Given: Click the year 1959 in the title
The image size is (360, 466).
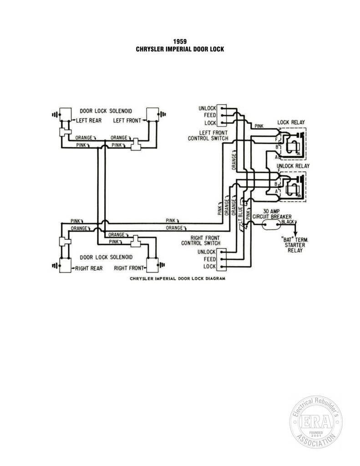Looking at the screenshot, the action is click(180, 41).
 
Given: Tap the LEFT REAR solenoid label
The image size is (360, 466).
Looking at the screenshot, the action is click(89, 120).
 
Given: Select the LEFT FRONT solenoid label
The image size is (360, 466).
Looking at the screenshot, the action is click(127, 120).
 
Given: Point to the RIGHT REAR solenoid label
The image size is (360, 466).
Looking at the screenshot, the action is click(89, 268).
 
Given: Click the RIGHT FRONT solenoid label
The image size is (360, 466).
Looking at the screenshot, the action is click(129, 268).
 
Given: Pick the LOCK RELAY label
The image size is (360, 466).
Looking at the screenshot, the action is click(291, 122).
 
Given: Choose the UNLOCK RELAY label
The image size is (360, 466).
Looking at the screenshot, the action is click(293, 166).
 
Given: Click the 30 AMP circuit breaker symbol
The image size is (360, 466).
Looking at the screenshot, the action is click(271, 224).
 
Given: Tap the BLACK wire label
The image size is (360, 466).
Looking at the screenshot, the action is click(288, 222).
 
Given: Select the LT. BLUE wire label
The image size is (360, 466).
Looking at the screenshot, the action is click(240, 214).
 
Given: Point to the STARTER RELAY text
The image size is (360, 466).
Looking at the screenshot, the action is click(295, 248).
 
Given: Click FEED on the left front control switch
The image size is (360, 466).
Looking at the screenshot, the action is click(210, 115).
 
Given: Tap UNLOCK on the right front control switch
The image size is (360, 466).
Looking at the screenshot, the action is click(206, 252).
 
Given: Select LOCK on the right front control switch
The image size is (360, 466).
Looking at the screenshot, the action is click(209, 266).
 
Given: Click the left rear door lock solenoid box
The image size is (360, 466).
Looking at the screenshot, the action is click(66, 114).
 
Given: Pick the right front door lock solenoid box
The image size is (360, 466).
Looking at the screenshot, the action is click(152, 264).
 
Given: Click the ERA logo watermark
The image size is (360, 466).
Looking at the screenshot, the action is click(316, 422).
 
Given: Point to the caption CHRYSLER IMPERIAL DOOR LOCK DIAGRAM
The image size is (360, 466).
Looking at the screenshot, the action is click(177, 279).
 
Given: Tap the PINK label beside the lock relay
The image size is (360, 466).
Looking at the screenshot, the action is click(259, 126).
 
